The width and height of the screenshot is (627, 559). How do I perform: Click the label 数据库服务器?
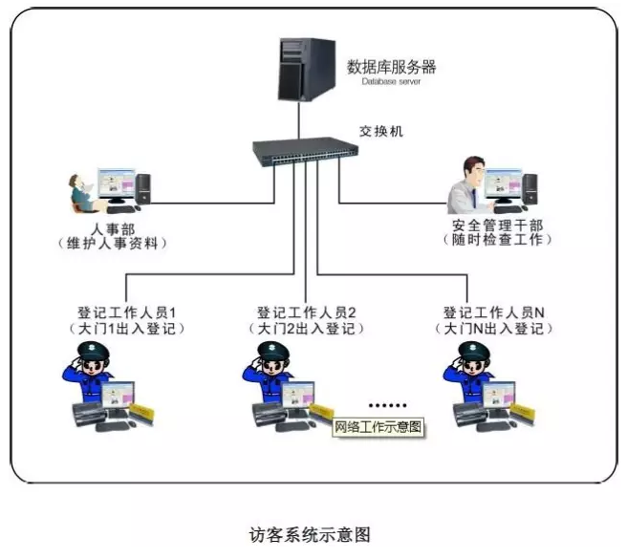[391, 67]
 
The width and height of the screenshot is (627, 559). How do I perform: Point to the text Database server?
[391, 82]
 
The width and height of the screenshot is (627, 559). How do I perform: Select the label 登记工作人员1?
[127, 313]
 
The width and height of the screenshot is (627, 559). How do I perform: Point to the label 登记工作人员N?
[493, 312]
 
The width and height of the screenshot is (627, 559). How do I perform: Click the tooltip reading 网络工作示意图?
[378, 426]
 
